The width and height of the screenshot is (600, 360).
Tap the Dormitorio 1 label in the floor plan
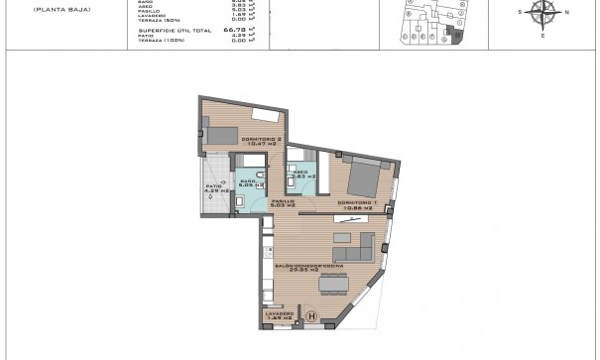click(355, 202)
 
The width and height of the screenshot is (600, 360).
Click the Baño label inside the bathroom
click(248, 182)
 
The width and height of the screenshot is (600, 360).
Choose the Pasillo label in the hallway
click(284, 202)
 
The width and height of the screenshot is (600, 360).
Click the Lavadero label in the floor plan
click(281, 312)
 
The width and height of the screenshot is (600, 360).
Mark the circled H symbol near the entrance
click(312, 318)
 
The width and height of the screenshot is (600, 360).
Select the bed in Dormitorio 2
click(221, 134)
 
